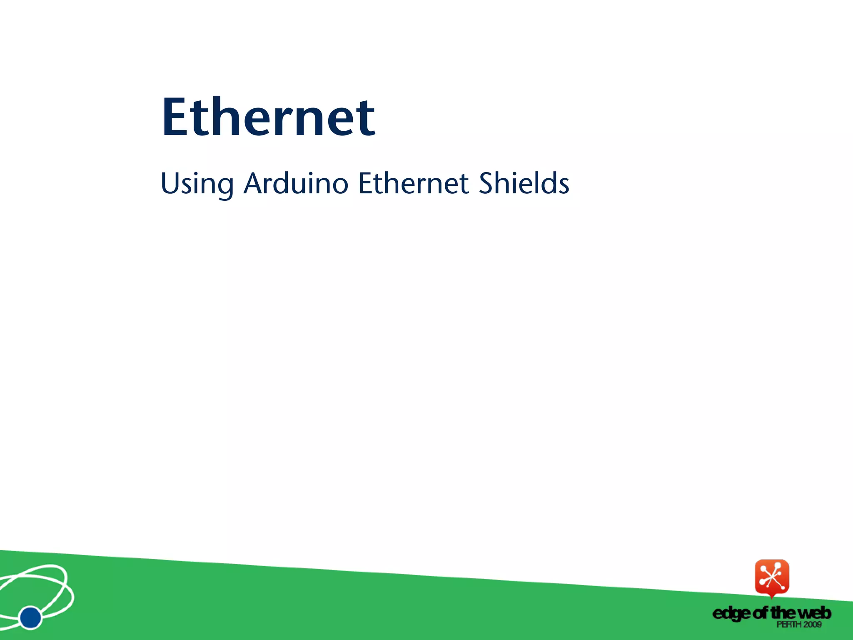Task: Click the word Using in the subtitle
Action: [x=197, y=184]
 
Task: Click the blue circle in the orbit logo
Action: [x=30, y=617]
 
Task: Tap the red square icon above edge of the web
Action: [x=772, y=577]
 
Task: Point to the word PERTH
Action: [x=788, y=624]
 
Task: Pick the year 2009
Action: [x=812, y=624]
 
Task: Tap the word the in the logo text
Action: [x=783, y=613]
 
